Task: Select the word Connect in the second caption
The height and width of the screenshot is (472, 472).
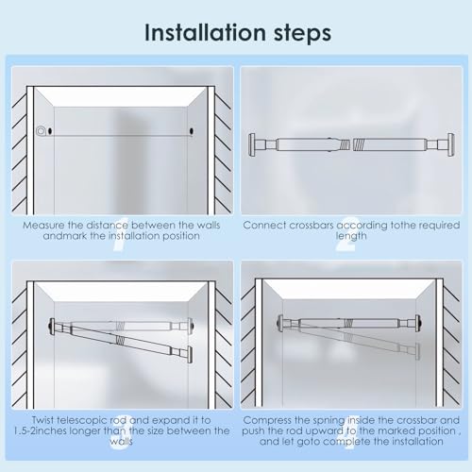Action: (x=263, y=225)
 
